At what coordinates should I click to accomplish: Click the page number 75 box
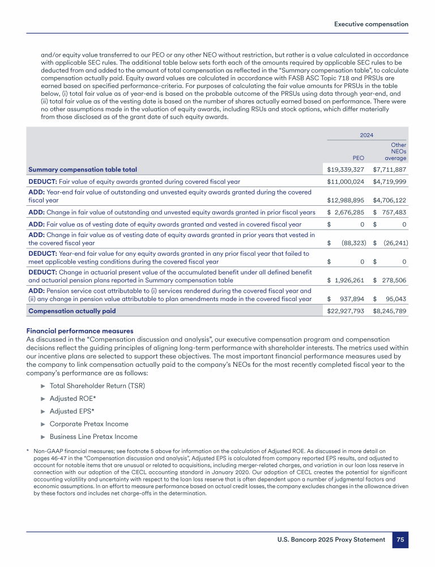coord(400,540)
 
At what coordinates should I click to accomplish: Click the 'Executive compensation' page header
coord(371,24)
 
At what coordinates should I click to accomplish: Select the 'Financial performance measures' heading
coord(80,331)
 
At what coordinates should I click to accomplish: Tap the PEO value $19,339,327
coord(346,170)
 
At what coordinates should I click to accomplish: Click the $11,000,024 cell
coord(346,182)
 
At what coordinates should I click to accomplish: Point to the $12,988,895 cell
coord(346,200)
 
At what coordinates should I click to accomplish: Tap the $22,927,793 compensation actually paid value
coord(346,311)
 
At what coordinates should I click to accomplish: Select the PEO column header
coord(357,158)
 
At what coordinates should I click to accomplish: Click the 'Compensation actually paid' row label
coord(68,311)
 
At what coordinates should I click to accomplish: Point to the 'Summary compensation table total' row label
coord(83,170)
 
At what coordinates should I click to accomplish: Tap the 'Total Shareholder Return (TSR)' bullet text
coord(98,386)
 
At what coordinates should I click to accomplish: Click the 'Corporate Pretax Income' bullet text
coord(89,424)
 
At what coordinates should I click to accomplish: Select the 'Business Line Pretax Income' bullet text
coord(93,437)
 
